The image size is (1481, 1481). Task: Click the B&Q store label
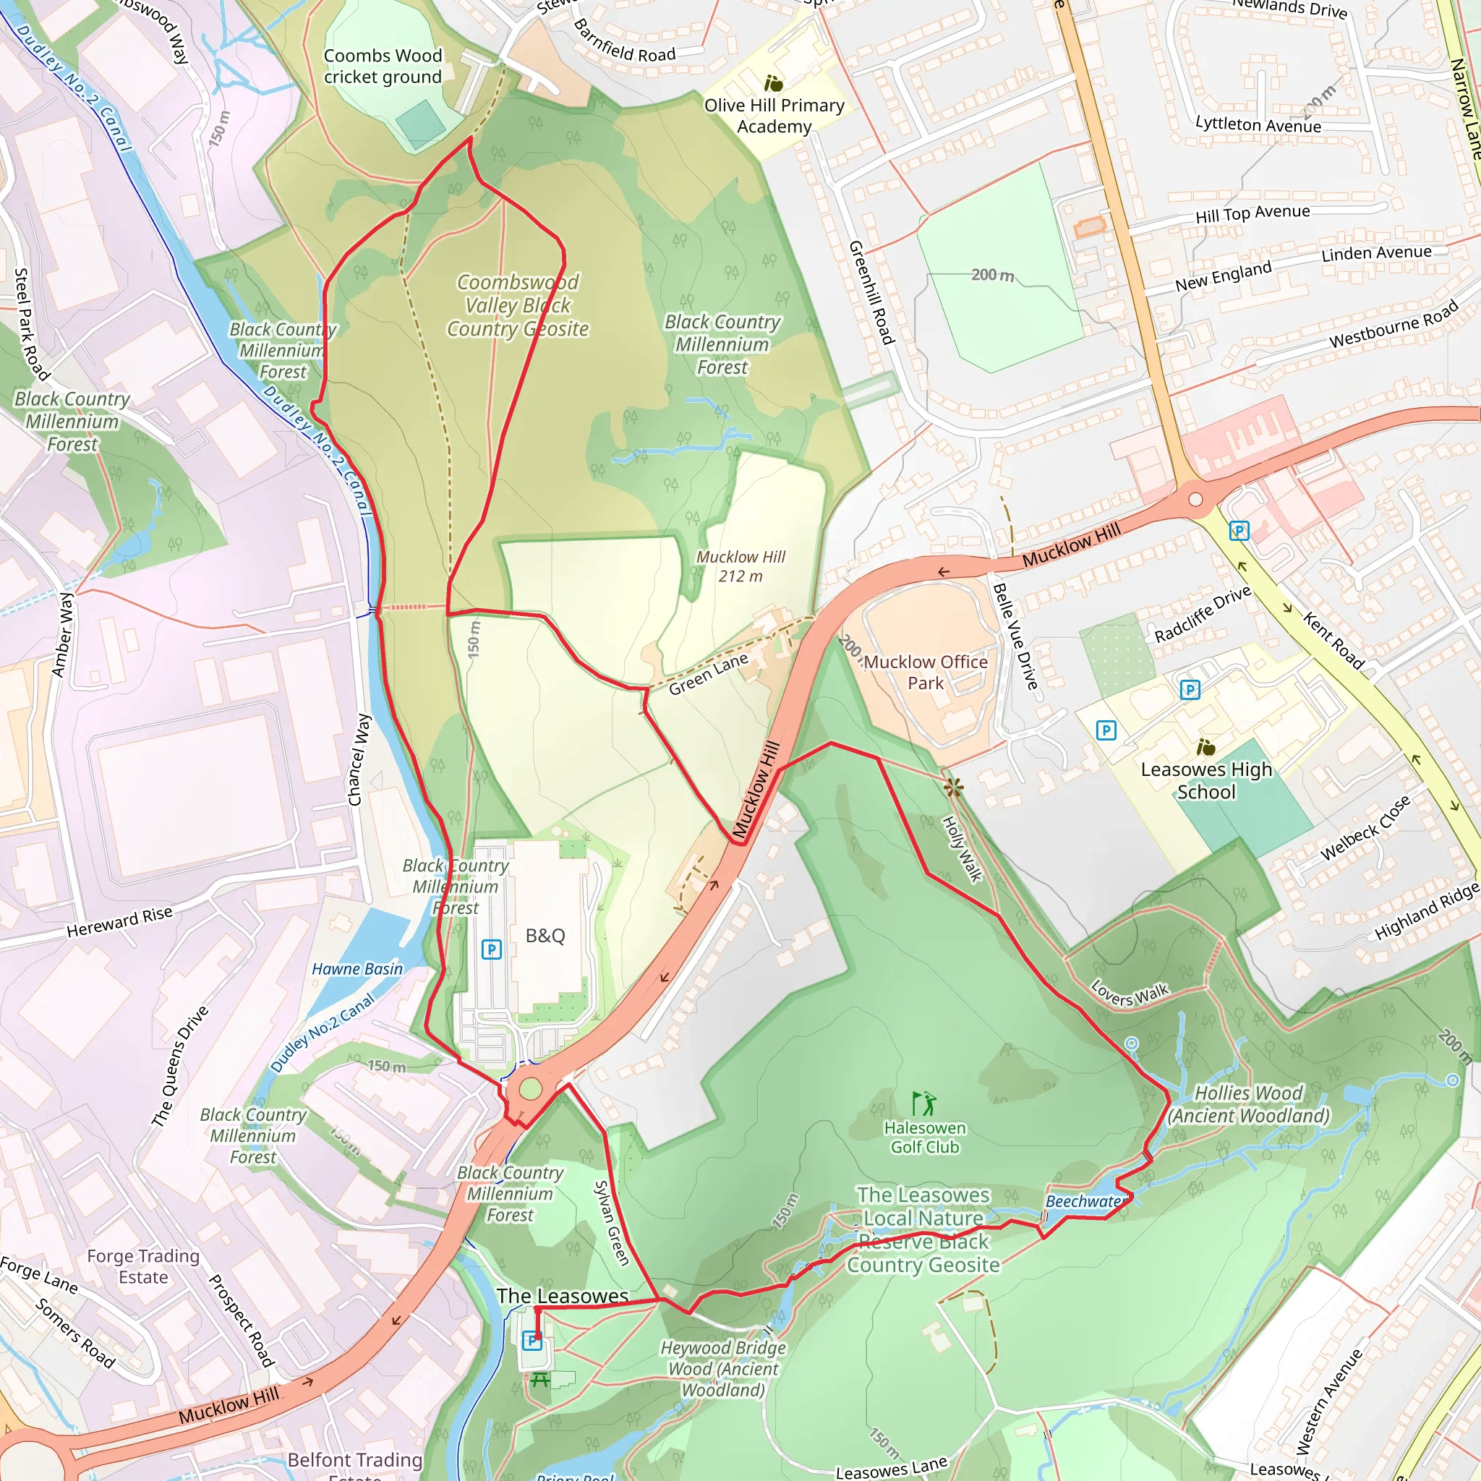tap(545, 936)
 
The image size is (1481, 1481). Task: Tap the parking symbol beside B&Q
tap(490, 949)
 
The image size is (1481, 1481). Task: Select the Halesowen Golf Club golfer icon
tap(924, 1104)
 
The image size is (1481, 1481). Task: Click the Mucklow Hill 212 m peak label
tap(740, 566)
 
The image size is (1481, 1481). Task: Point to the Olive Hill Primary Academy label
tap(774, 116)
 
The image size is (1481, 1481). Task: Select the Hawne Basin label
tap(357, 969)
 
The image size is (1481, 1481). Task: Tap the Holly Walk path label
tap(961, 848)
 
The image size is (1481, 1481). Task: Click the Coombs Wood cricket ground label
tap(383, 66)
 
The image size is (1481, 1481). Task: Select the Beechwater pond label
tap(1085, 1201)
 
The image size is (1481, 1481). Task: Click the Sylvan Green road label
tap(612, 1223)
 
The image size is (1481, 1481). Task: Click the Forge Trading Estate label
tap(143, 1266)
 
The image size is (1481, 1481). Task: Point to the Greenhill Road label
tap(871, 292)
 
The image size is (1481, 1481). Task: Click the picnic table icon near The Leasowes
tap(539, 1380)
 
